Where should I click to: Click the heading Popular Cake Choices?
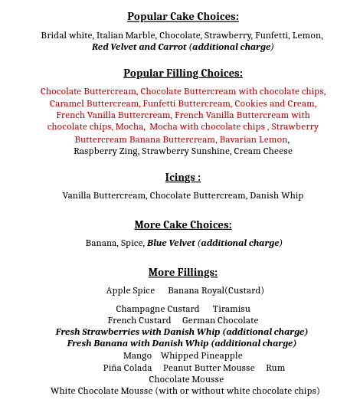pyautogui.click(x=182, y=17)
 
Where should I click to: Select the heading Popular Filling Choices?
pyautogui.click(x=182, y=74)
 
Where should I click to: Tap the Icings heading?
pyautogui.click(x=182, y=178)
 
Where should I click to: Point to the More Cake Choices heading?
pyautogui.click(x=182, y=225)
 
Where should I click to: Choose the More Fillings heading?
pyautogui.click(x=182, y=273)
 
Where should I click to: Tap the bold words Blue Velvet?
pyautogui.click(x=171, y=243)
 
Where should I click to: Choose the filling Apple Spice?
pyautogui.click(x=130, y=290)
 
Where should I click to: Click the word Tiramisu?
pyautogui.click(x=231, y=309)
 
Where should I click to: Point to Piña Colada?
pyautogui.click(x=127, y=368)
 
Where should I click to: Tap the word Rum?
pyautogui.click(x=275, y=368)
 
